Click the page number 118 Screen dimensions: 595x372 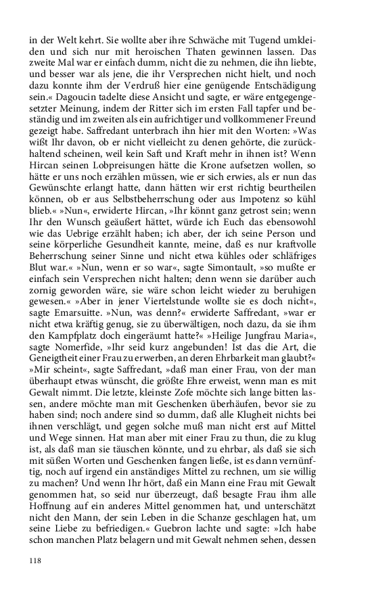pos(36,561)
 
